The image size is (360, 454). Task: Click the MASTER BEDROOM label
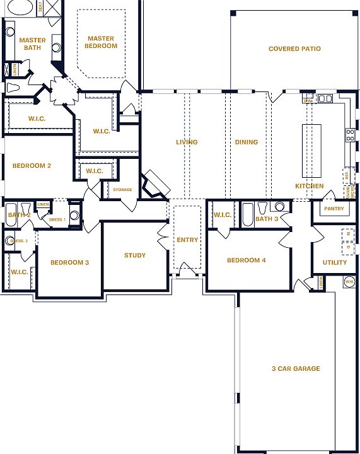point(102,42)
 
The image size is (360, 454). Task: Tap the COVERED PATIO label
point(294,49)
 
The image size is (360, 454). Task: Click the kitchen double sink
point(325,98)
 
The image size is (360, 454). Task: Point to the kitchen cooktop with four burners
point(350,134)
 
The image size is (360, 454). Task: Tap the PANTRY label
point(334,209)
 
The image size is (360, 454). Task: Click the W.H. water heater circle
point(349,282)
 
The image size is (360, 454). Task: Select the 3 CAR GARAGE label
point(296,369)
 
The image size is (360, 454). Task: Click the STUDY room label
point(134,255)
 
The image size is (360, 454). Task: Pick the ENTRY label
point(187,240)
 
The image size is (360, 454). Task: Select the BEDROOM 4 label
point(247,260)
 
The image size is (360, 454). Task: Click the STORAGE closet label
point(123,189)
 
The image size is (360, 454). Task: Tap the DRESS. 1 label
point(57,219)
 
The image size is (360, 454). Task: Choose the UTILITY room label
point(334,262)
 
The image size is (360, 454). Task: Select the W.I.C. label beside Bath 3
point(222,215)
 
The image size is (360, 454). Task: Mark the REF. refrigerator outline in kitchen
point(346,175)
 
